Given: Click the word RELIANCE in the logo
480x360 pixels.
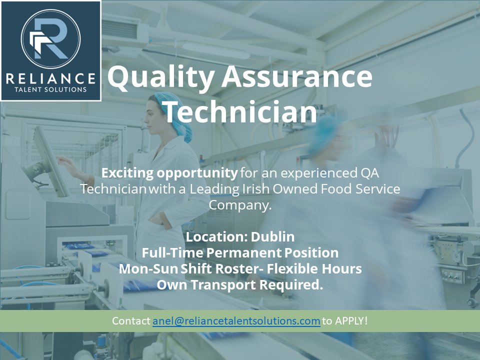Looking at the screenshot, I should tap(50, 78).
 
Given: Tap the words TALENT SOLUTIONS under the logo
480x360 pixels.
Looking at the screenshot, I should tap(50, 90).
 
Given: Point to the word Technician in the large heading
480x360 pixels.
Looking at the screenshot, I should tap(240, 112).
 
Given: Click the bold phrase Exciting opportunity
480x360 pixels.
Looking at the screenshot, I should tap(169, 173).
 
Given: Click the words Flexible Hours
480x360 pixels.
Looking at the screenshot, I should tap(314, 268).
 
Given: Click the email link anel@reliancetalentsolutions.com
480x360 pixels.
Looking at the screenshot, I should tap(236, 321).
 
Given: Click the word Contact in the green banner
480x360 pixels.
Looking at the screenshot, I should tap(131, 321).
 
